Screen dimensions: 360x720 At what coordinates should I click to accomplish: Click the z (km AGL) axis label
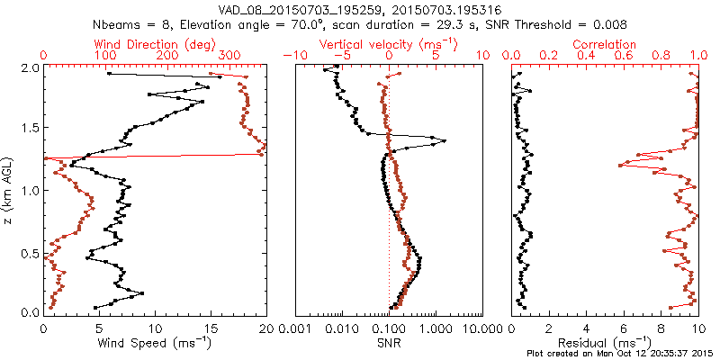click(x=8, y=190)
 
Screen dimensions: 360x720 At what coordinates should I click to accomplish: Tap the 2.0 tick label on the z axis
click(x=30, y=67)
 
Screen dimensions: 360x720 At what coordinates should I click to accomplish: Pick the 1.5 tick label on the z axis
click(x=30, y=129)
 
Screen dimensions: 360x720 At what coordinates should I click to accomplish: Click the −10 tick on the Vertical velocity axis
click(x=292, y=55)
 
